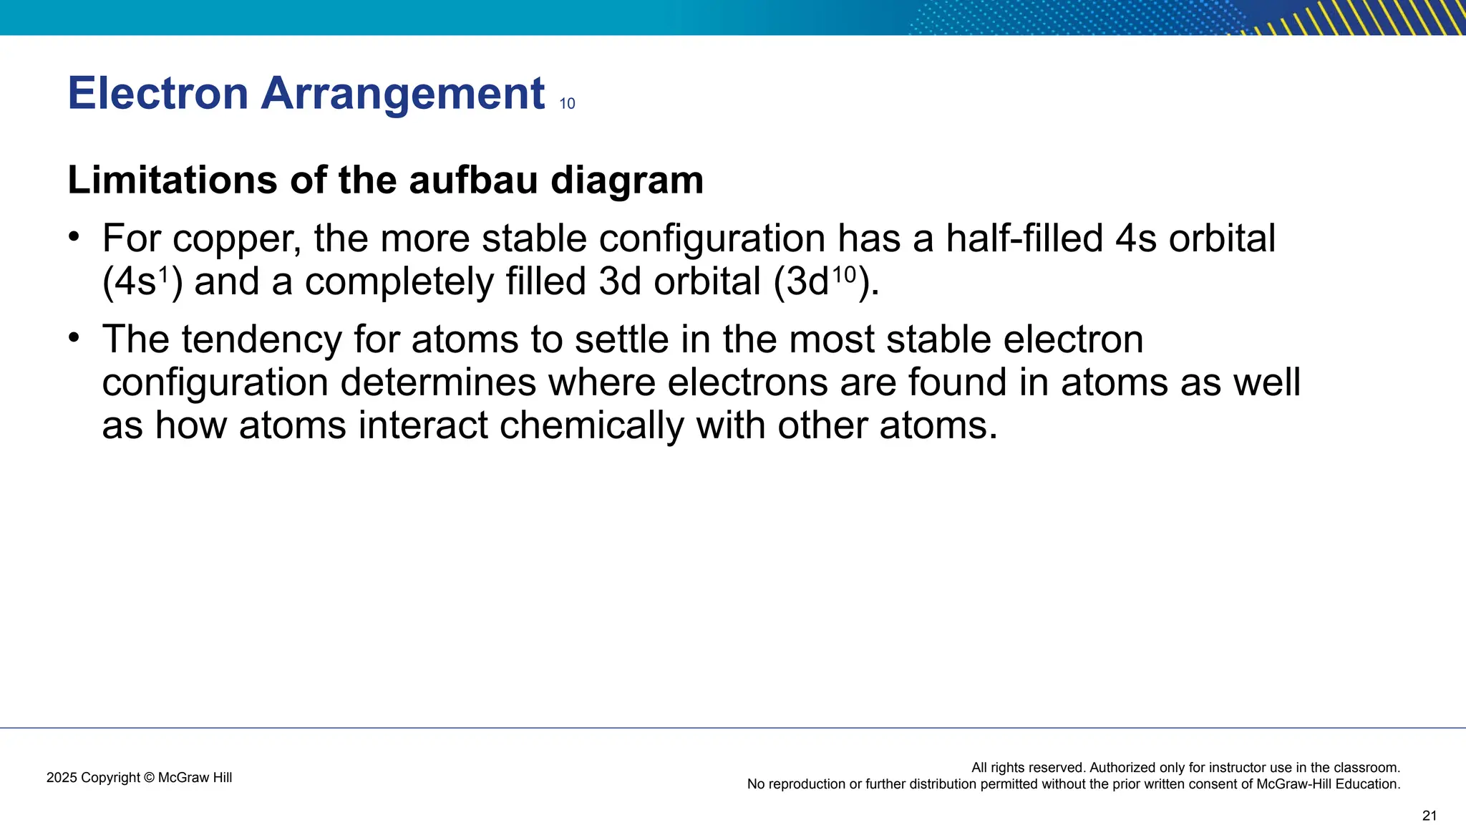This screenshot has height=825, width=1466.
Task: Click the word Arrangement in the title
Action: point(402,94)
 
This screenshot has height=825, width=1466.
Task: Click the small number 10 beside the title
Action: point(567,104)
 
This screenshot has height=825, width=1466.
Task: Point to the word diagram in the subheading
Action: point(627,181)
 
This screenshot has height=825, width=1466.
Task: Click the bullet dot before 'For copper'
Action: point(74,236)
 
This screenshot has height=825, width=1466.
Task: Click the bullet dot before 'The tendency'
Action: point(74,337)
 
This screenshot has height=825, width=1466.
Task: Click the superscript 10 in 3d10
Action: point(843,274)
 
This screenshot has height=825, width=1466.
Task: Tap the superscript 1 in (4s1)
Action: point(162,274)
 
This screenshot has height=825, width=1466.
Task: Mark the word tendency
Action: point(262,340)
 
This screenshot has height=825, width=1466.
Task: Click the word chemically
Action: point(592,426)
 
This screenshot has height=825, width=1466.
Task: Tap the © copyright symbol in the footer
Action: point(149,778)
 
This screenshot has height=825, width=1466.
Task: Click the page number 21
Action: point(1429,816)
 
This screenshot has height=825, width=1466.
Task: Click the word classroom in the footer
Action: point(1364,768)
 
